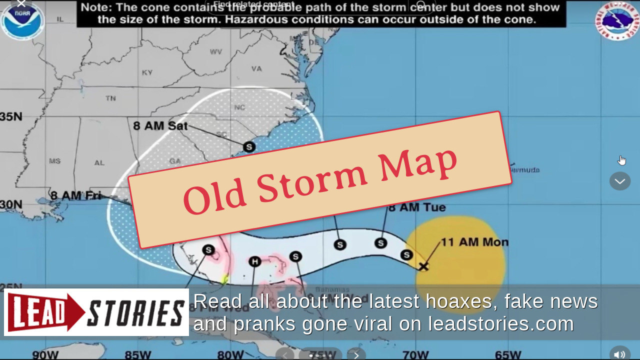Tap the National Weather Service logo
(x=617, y=21)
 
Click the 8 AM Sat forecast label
(x=160, y=125)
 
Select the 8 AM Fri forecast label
(x=75, y=195)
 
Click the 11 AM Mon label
(x=474, y=242)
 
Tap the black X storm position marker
(x=423, y=266)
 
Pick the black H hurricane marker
(x=255, y=261)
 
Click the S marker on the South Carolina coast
(x=249, y=147)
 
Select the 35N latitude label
(x=11, y=116)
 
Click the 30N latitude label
(x=11, y=204)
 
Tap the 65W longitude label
(x=508, y=355)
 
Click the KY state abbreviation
(x=147, y=72)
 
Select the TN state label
(x=110, y=98)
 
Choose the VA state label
(x=256, y=68)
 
